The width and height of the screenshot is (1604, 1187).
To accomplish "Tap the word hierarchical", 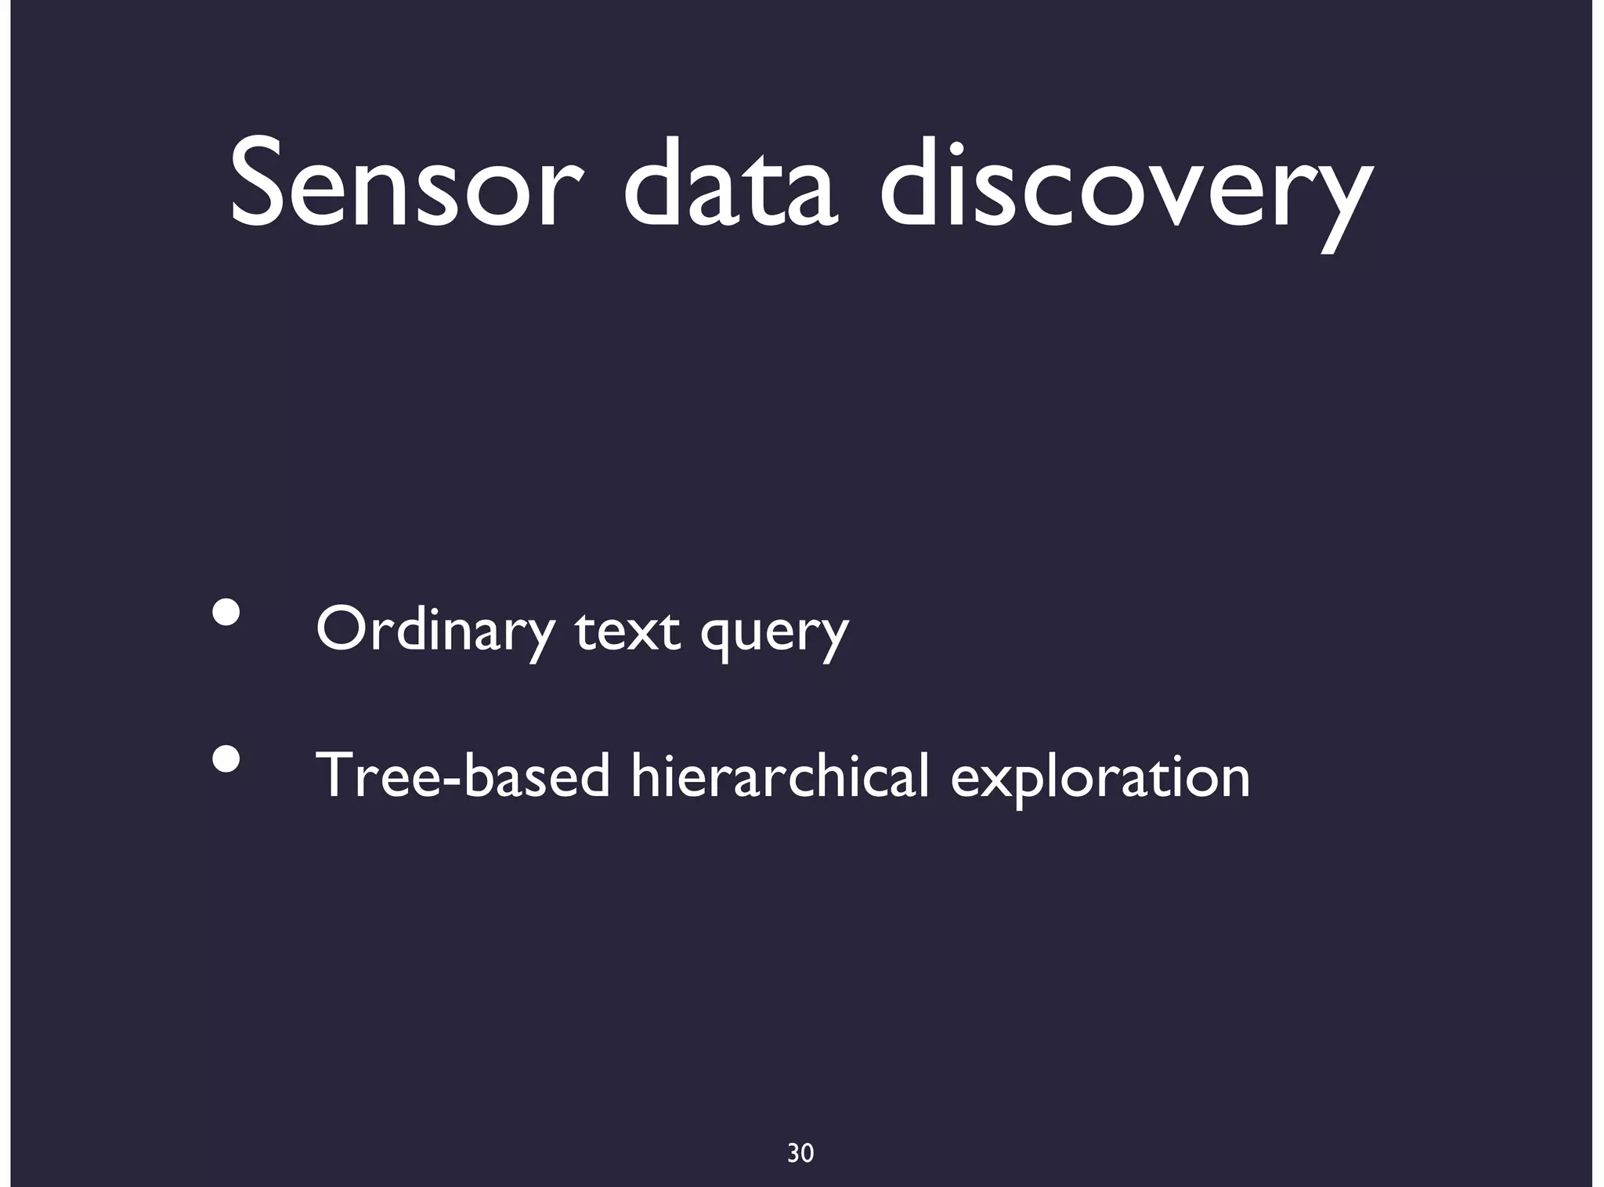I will (x=779, y=776).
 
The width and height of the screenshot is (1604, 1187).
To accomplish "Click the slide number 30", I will (x=800, y=1153).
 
